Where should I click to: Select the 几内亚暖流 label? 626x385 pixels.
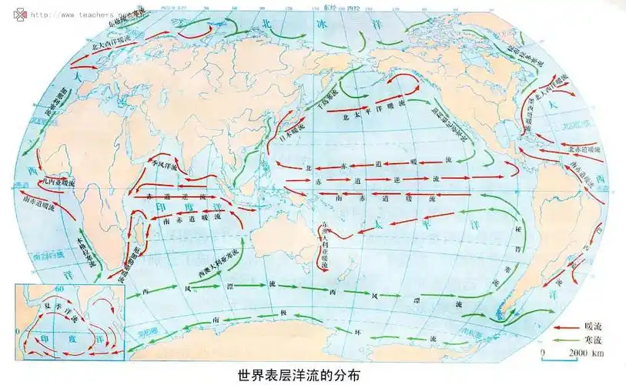pyautogui.click(x=60, y=182)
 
